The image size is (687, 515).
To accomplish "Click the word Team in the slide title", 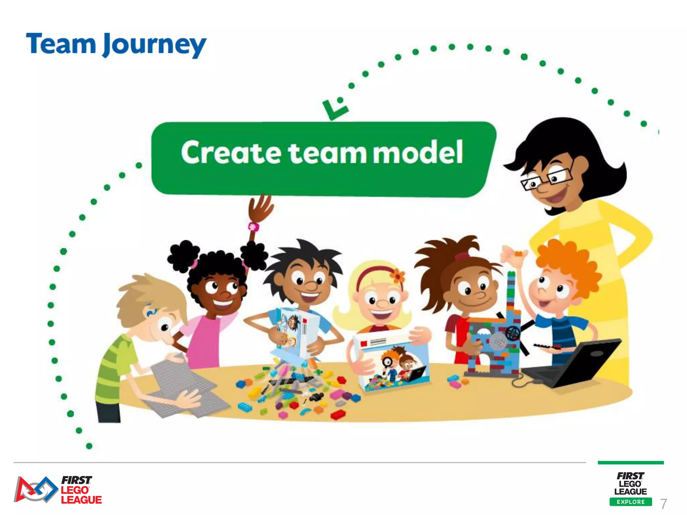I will tap(61, 44).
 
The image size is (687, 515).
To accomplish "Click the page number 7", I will tap(663, 504).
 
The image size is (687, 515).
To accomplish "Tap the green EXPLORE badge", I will tap(631, 502).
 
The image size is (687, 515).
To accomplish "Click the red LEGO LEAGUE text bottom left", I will tap(81, 495).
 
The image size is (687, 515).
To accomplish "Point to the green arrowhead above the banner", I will tap(334, 109).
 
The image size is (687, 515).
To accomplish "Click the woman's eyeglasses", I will tap(547, 178).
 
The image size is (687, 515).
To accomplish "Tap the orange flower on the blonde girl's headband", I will tap(398, 276).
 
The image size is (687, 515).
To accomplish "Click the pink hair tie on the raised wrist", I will tap(254, 227).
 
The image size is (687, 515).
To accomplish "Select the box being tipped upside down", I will tap(295, 332).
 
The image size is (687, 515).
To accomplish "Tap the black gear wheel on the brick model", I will tap(513, 333).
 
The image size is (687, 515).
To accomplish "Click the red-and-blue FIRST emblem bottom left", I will tap(35, 490).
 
